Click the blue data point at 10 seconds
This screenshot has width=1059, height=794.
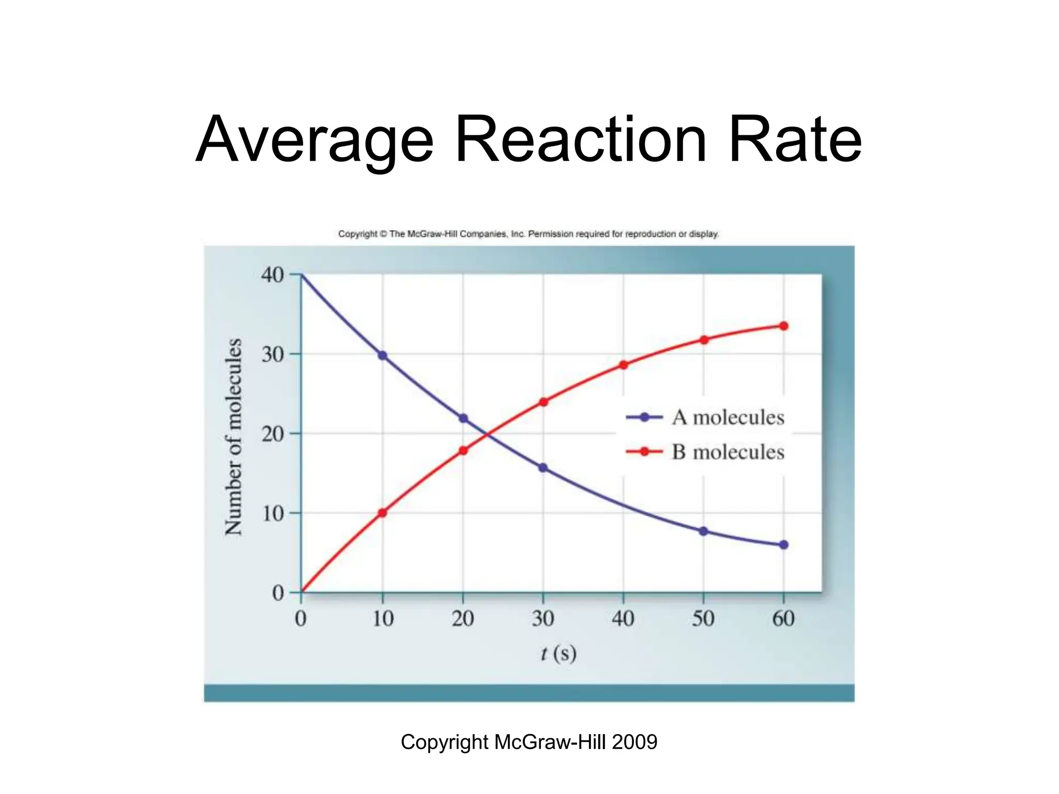click(x=383, y=356)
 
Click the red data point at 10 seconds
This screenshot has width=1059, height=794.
click(x=383, y=513)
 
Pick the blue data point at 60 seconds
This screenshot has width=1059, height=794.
click(x=783, y=545)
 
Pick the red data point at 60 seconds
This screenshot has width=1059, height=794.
click(x=783, y=326)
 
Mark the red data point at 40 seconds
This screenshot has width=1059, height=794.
click(x=624, y=365)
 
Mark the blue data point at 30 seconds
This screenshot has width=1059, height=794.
click(x=543, y=468)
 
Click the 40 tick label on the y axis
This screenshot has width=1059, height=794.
click(x=273, y=275)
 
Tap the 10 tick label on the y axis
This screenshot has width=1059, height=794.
click(x=273, y=514)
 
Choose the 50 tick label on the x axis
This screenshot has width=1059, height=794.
click(x=703, y=619)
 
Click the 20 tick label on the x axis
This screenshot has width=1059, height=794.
click(x=463, y=619)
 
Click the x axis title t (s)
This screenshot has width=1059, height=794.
click(x=558, y=654)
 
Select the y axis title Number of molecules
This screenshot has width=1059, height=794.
click(x=234, y=437)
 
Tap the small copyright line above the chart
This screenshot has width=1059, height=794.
click(x=528, y=234)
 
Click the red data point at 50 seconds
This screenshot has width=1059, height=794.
click(x=704, y=340)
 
